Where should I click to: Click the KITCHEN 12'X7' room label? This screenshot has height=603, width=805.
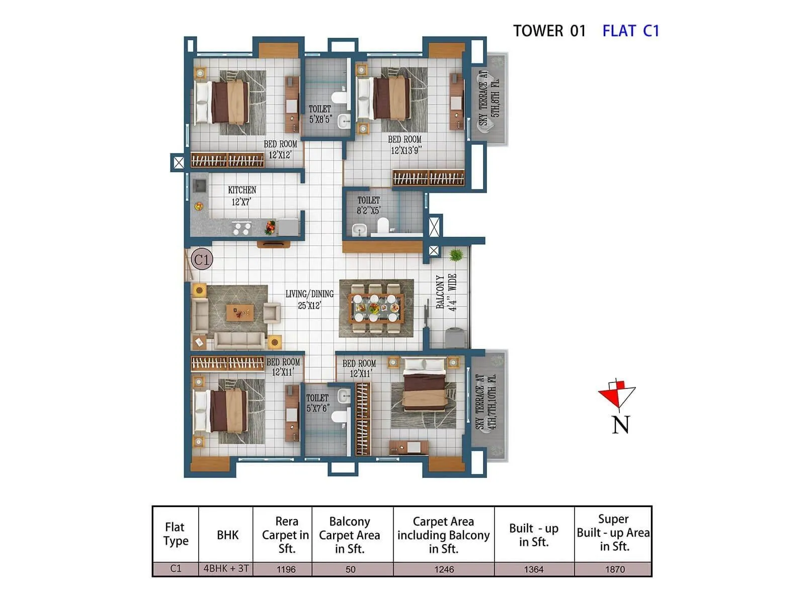[242, 196]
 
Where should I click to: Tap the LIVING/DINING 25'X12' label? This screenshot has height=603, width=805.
[309, 299]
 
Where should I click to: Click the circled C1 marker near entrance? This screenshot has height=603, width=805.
[202, 259]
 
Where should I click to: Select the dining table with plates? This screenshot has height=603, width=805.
[376, 308]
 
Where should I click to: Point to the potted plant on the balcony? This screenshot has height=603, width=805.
[456, 255]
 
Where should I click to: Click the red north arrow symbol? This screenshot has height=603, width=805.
[617, 394]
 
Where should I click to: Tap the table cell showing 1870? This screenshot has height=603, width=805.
[614, 569]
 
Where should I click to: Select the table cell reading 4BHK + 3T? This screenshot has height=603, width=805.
[226, 569]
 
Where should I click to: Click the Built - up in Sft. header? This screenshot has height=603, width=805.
[533, 535]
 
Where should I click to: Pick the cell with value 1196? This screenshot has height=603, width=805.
[286, 569]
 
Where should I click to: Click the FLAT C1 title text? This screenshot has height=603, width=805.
[630, 31]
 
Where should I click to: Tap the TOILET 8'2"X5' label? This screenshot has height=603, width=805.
[368, 205]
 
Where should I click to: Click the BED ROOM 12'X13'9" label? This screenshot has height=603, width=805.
[405, 145]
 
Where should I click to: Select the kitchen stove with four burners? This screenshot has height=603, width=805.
[242, 229]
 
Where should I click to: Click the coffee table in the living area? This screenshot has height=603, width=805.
[239, 312]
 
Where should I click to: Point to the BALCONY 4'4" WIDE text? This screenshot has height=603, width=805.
[446, 292]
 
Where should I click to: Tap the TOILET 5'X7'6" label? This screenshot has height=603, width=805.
[317, 403]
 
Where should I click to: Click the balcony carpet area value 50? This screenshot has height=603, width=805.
[350, 569]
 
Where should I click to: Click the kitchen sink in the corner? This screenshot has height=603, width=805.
[200, 186]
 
